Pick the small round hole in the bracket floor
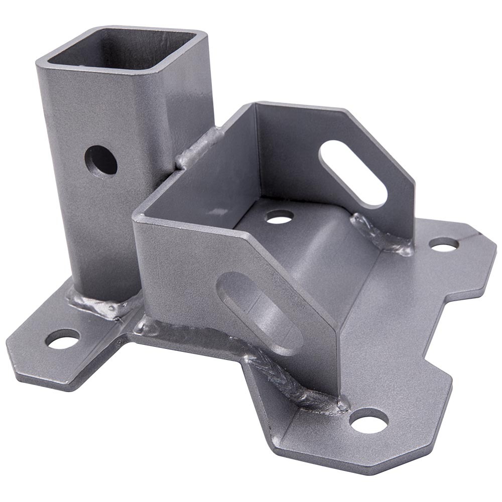pyautogui.click(x=280, y=216)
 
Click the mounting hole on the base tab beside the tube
pyautogui.click(x=62, y=339)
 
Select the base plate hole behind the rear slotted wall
pyautogui.click(x=444, y=244)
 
